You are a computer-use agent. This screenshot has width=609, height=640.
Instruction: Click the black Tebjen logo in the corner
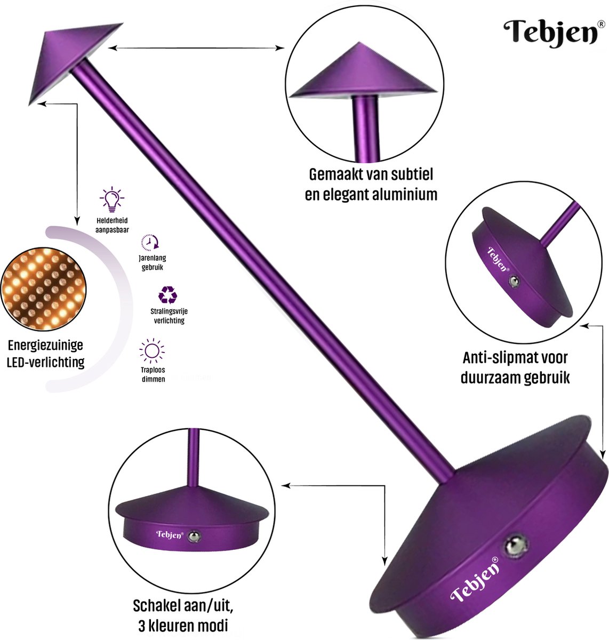coord(550,34)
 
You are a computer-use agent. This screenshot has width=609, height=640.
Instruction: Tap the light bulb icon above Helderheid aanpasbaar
coord(111,199)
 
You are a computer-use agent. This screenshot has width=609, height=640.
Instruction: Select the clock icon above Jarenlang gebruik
coord(150,242)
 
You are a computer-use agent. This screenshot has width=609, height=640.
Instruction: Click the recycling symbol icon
coord(167,294)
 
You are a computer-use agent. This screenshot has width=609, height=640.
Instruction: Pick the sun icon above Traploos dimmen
coord(152,350)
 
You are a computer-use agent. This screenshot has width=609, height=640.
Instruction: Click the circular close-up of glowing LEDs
coord(44,289)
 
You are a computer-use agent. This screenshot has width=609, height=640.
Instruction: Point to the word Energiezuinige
coord(45,346)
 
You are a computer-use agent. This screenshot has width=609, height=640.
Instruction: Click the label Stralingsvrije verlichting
coord(169,316)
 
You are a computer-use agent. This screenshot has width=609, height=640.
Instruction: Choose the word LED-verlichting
coord(45,362)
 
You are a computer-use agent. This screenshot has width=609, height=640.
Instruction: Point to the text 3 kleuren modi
coord(182,626)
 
